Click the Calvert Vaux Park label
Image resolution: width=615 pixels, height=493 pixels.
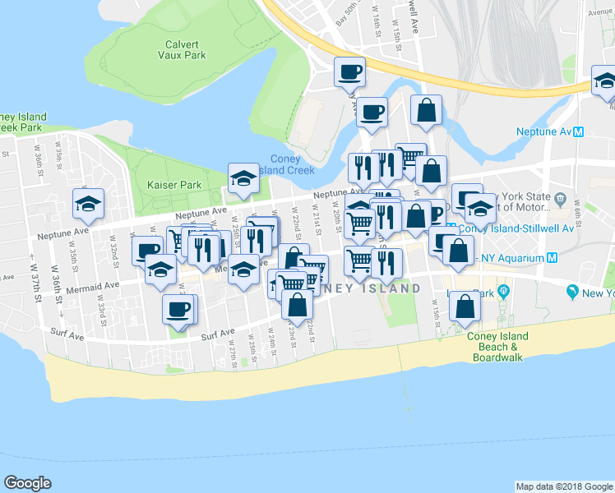182,49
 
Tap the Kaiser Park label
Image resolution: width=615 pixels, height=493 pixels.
169,185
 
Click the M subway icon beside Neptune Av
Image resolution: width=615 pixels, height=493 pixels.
579,131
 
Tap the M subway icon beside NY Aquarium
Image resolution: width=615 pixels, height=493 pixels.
553,257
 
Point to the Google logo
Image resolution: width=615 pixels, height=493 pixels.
27,483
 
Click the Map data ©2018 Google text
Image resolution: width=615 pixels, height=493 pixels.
563,486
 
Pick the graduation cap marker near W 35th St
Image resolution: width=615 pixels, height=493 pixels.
88,205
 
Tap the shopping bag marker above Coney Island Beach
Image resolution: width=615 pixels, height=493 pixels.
465,306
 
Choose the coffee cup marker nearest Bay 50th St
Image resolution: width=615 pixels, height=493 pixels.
349,71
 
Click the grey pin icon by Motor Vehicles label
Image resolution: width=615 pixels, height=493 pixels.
560,199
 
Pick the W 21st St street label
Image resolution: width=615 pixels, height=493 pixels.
317,220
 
